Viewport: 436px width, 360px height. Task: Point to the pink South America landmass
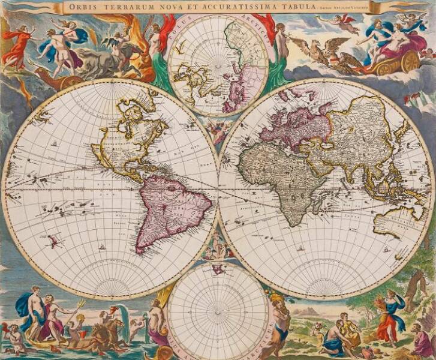[171, 207]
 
